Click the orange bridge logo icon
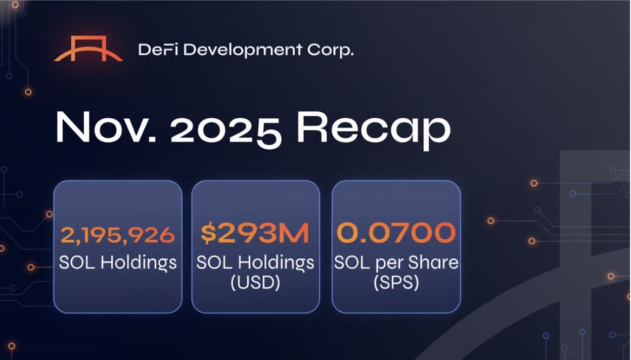point(88,50)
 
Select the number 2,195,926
point(118,235)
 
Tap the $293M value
point(255,234)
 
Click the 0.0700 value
point(396,234)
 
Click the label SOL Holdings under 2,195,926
point(118,262)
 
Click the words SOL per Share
point(396,263)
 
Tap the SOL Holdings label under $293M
point(255,262)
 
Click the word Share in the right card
point(435,263)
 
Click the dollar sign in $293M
point(208,234)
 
